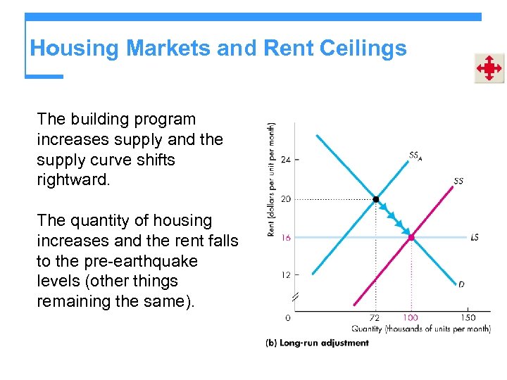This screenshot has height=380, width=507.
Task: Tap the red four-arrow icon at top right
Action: coord(488,68)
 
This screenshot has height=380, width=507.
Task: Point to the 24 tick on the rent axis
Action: coord(286,160)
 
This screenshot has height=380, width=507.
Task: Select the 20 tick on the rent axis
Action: coord(286,199)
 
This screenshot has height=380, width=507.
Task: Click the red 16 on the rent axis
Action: coord(286,238)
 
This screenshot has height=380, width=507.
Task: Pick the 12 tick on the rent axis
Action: coord(286,274)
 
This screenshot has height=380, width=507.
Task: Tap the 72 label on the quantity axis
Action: coord(375,318)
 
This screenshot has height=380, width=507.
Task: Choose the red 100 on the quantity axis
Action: coord(411,318)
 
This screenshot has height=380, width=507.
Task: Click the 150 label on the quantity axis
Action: coord(468,318)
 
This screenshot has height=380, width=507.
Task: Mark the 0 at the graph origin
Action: coord(288,318)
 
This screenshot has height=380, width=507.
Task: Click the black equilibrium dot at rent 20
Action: coord(376,199)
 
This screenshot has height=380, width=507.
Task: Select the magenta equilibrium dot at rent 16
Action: coord(411,238)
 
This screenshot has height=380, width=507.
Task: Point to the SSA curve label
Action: coord(415,156)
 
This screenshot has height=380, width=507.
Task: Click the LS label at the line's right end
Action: coord(475,238)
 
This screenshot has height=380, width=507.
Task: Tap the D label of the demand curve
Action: coord(461,284)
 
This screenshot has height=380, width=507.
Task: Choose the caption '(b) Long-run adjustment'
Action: coord(317,343)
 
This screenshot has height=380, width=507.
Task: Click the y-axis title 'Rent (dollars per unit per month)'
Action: coord(272,180)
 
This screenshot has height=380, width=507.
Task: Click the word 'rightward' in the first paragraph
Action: coord(73,180)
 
